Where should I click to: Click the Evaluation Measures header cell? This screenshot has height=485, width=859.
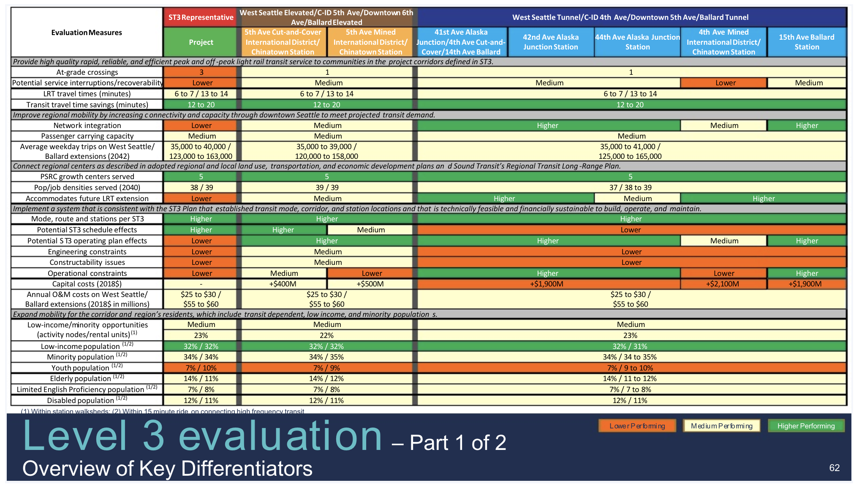coord(87,33)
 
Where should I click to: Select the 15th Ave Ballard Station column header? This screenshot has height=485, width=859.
coord(807,42)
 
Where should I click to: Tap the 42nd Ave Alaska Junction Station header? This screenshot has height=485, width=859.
coord(551,42)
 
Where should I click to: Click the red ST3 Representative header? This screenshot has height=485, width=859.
coord(201,17)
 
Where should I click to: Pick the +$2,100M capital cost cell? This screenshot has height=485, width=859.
coord(723,284)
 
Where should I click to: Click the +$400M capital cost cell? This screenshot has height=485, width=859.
coord(283,284)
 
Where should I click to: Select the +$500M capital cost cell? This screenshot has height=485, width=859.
coord(370,284)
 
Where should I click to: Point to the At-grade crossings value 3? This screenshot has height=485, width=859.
coord(201,72)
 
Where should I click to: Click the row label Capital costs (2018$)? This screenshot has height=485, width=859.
coord(87,284)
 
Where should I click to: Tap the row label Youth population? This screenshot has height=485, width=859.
coord(87,368)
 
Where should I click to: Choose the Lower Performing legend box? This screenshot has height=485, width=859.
coord(637,426)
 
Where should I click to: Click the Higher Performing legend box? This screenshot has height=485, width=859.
coord(806,426)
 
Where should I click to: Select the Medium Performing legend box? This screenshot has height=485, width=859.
coord(721,426)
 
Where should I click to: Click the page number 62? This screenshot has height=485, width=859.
coord(834,468)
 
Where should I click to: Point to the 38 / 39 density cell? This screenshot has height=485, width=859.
coord(201,188)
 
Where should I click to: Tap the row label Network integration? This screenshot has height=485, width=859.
coord(87,125)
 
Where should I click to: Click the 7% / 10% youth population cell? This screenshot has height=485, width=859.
coord(201,368)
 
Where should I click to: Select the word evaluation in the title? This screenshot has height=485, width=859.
coord(280,436)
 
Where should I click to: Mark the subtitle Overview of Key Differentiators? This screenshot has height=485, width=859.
coord(167,469)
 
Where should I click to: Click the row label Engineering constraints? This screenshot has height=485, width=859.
coord(87,252)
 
